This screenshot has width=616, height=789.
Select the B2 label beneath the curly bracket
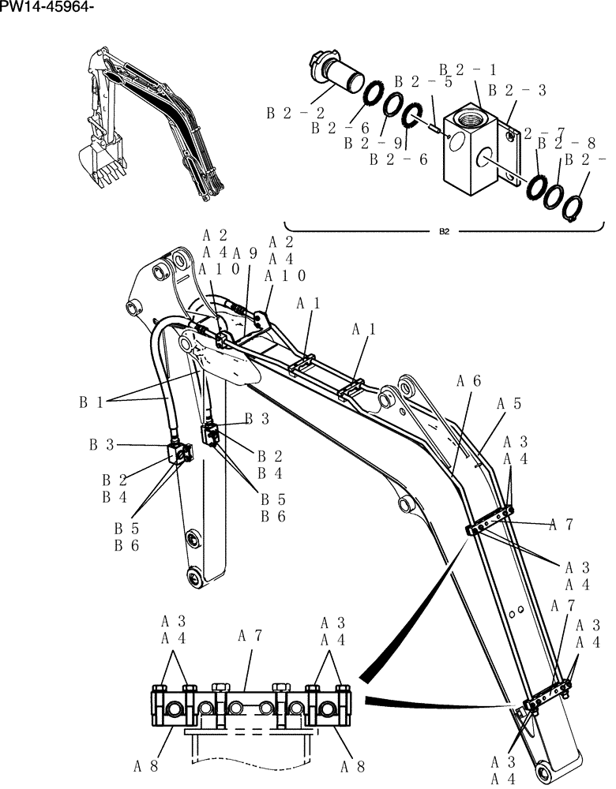(x=444, y=232)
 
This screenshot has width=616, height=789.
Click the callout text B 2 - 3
(x=517, y=91)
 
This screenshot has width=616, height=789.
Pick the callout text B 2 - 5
(x=423, y=81)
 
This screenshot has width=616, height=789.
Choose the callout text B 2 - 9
(x=374, y=144)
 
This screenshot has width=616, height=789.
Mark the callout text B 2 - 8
(x=567, y=143)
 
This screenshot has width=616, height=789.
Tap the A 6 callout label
(x=468, y=380)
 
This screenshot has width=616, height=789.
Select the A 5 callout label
(x=509, y=403)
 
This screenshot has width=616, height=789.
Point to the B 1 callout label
(x=91, y=402)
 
